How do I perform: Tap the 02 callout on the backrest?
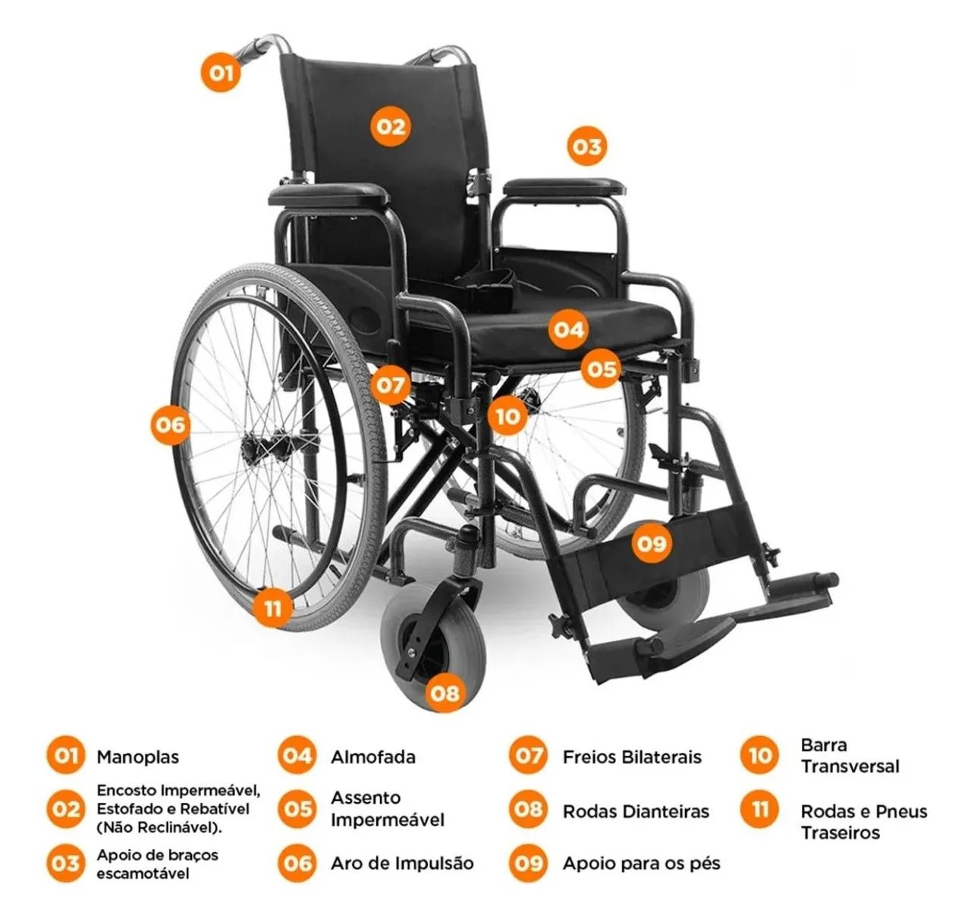(391, 127)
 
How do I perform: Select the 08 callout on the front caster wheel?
(445, 692)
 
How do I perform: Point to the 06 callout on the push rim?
(170, 425)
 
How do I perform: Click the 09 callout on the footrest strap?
(652, 543)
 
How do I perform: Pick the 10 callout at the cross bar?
(508, 416)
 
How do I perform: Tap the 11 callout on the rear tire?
(272, 608)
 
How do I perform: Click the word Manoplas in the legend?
(138, 757)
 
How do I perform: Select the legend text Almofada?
(373, 757)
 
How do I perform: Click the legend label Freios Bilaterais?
(632, 757)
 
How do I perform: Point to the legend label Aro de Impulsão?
(402, 863)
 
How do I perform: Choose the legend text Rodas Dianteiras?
(636, 811)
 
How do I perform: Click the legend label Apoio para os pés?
(642, 863)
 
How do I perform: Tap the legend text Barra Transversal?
(850, 756)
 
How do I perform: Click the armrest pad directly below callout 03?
(564, 187)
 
